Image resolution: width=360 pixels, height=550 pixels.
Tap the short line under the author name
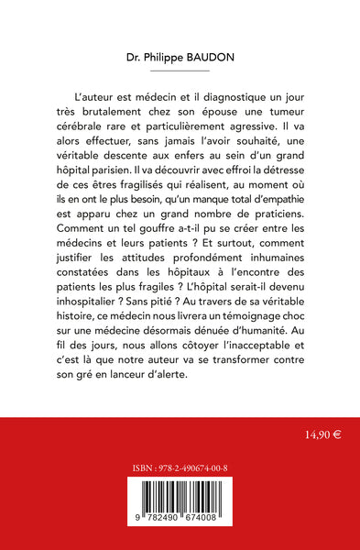(180, 70)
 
